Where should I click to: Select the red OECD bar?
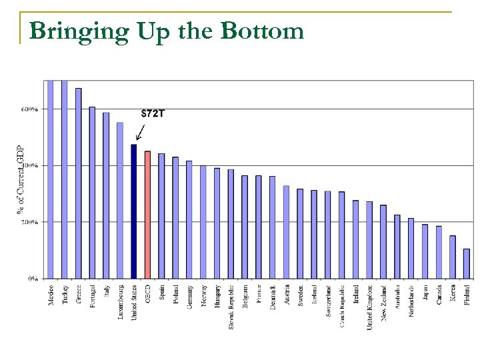pos(147,215)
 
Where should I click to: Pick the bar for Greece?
pos(78,183)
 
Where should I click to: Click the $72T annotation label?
pos(153,113)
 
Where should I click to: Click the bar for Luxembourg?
pos(120,200)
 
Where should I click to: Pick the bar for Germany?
pos(189,219)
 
